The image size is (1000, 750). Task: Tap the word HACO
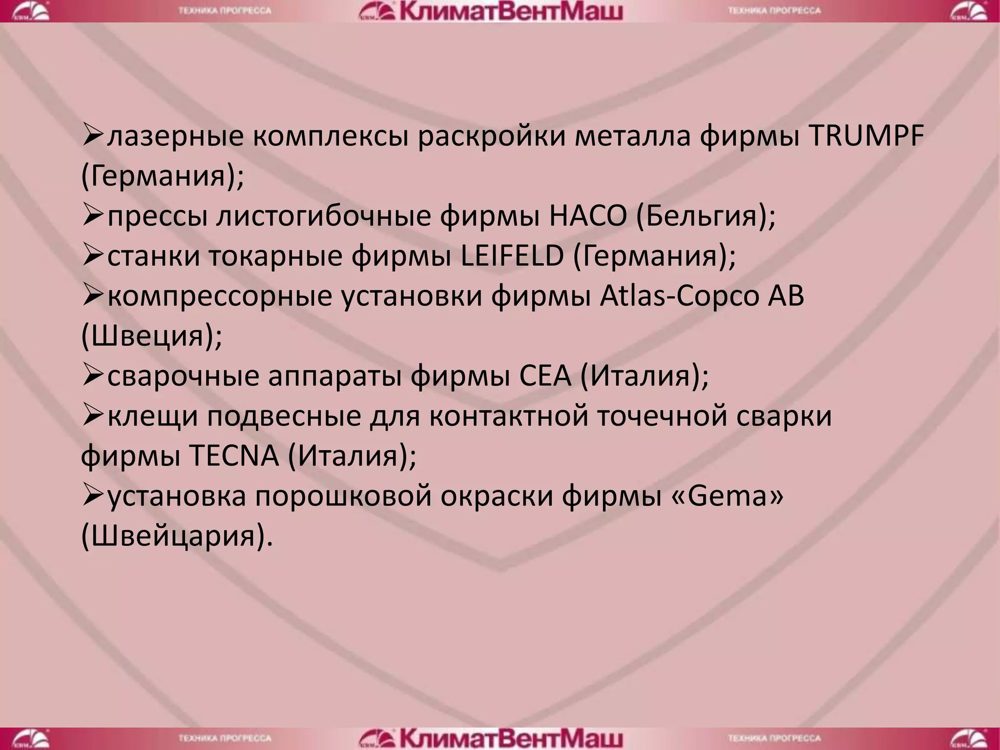click(x=587, y=216)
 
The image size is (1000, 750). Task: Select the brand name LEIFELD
click(x=512, y=256)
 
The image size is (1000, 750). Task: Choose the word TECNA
click(x=233, y=457)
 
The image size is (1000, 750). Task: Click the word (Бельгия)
click(x=706, y=216)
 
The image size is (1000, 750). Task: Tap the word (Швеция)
click(x=151, y=336)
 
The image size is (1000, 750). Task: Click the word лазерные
click(x=175, y=136)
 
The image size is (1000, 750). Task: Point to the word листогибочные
click(x=324, y=216)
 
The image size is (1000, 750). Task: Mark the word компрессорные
click(x=220, y=296)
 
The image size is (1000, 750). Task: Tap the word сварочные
click(x=183, y=376)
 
